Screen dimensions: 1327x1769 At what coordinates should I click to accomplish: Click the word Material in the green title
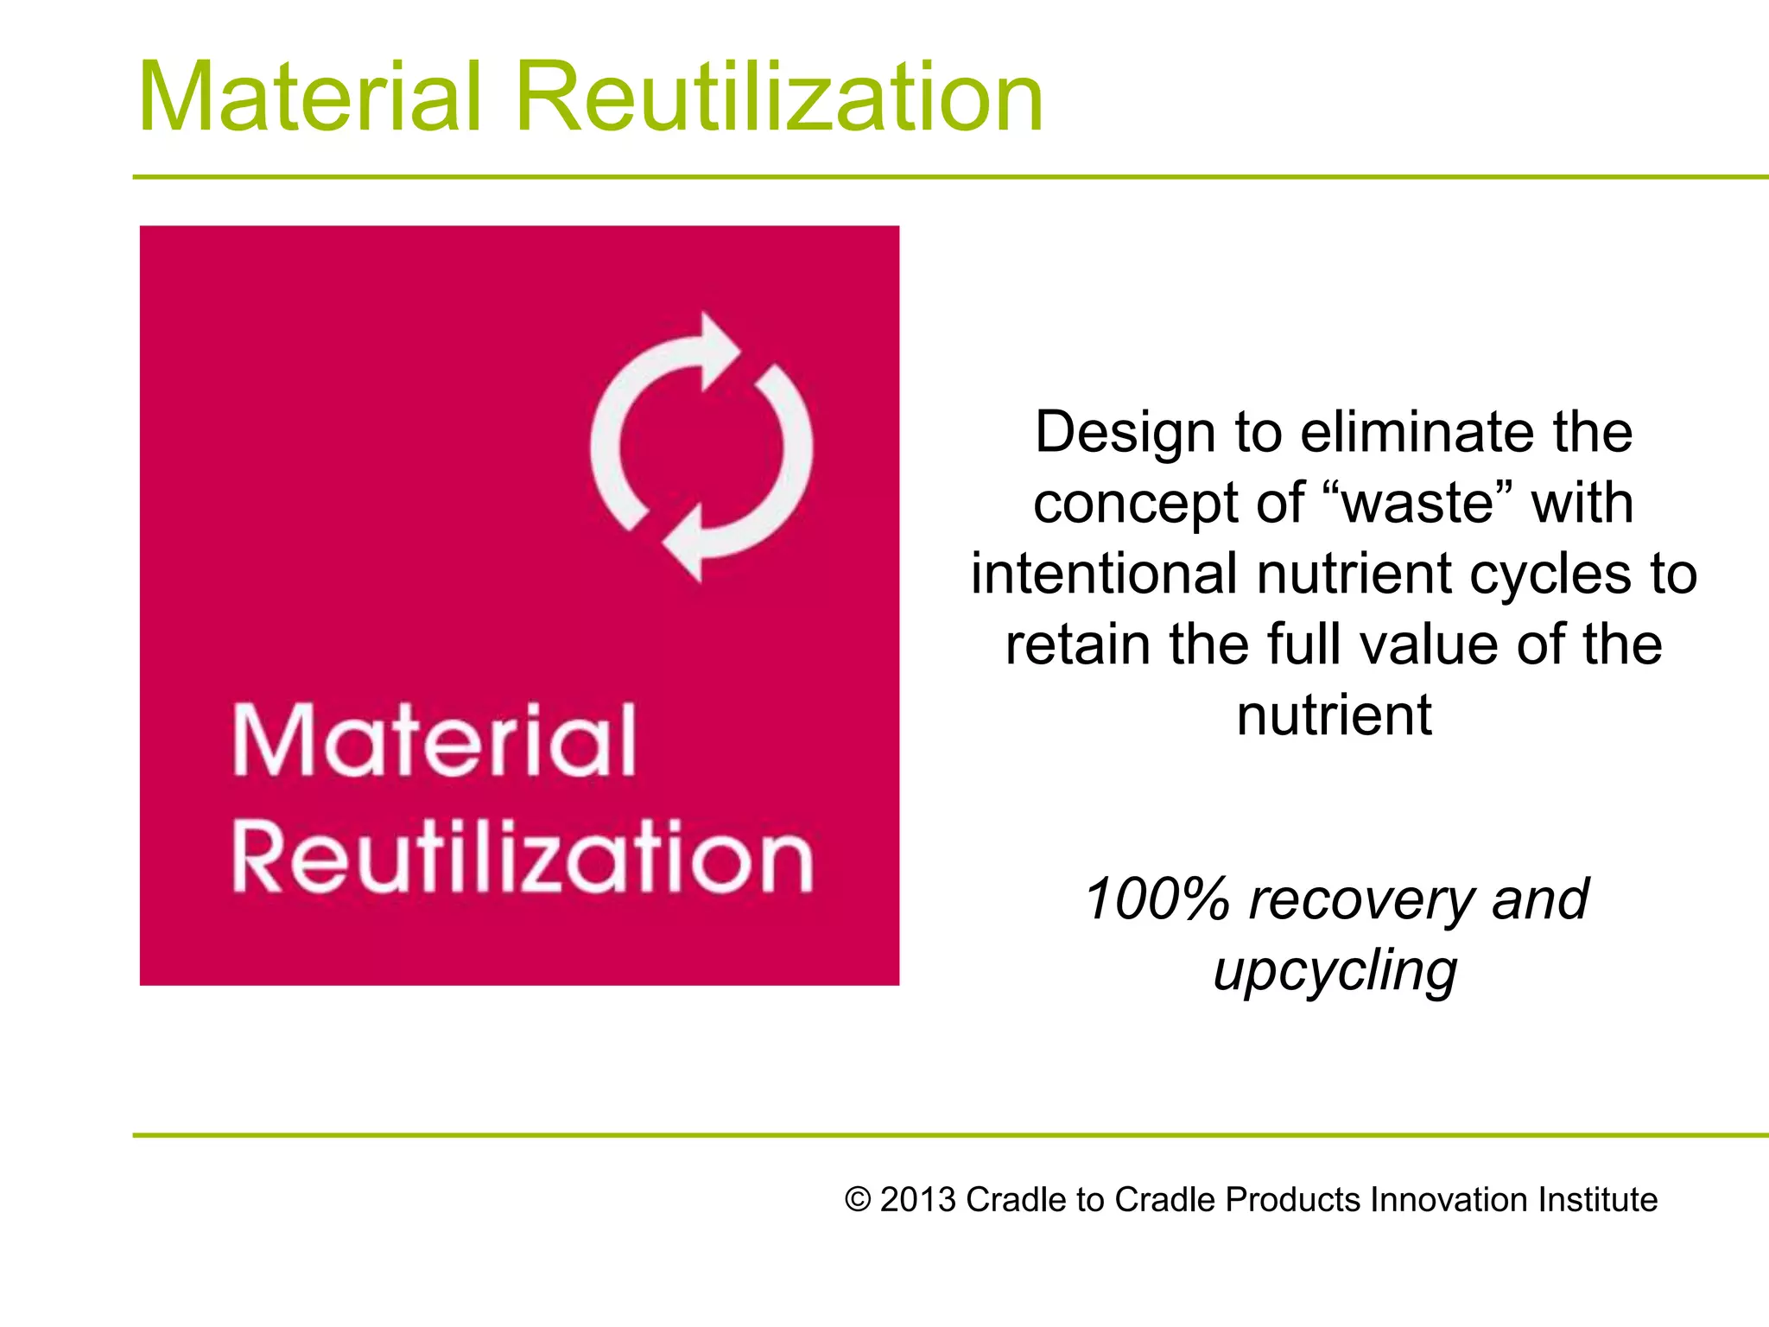coord(309,97)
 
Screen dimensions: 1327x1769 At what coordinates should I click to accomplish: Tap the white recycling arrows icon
coord(701,447)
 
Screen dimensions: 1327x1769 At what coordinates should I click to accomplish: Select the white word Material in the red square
coord(434,740)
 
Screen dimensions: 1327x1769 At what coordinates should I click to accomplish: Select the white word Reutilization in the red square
coord(523,857)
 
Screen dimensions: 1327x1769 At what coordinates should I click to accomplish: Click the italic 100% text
coord(1156,899)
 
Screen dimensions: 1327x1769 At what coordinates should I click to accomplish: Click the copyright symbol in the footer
coord(857,1200)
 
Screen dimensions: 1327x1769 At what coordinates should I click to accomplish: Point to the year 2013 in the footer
coord(917,1200)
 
